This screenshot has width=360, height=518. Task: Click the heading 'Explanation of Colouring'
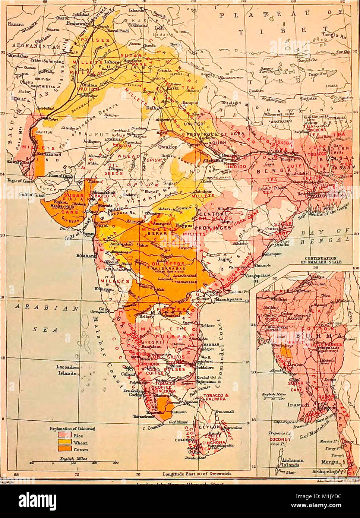[x=72, y=429]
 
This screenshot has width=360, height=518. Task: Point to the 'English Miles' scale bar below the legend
[x=74, y=462]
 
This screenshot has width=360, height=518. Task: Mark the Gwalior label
[x=167, y=147]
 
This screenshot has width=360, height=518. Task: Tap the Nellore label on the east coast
[x=207, y=325]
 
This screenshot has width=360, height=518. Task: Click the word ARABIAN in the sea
[x=47, y=308]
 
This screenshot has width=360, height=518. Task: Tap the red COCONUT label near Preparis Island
[x=280, y=439]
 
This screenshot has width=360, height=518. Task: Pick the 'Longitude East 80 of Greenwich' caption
[x=196, y=474]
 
